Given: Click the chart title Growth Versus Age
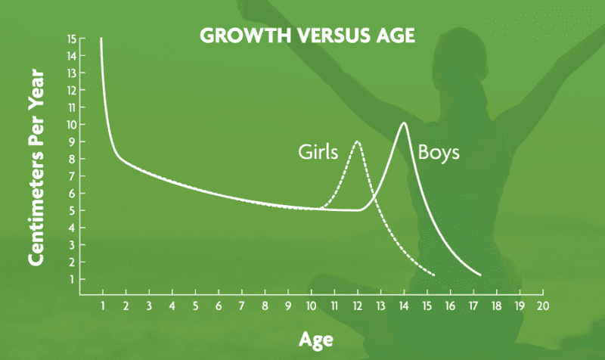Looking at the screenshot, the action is coord(307,35).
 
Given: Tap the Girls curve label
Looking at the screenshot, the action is coord(318,152).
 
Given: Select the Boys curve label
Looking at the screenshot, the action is coord(439,152).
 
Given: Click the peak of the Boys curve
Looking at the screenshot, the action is coord(404,123).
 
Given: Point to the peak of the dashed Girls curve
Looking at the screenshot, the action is coord(357,141).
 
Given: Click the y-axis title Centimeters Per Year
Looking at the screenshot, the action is coord(36,167).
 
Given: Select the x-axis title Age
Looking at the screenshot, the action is coord(315,340).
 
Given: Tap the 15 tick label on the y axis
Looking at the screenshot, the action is coord(72,39).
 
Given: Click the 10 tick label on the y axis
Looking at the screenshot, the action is coord(72,125).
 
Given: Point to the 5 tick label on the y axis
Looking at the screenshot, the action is coord(72,211).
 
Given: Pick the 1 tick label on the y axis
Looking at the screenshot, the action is coord(72,279).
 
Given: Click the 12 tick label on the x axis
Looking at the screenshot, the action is coord(357,306).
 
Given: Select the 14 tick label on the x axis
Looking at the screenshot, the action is coord(404,306).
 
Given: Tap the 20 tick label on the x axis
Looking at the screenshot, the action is coord(542,306).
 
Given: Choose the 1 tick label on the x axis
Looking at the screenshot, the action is coord(103,306).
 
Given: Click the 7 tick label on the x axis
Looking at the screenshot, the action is coord(241,306).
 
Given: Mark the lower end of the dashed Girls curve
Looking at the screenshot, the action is coord(434,275).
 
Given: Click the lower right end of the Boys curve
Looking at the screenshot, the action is coord(481,275).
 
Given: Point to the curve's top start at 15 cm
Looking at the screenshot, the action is coord(101,39).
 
